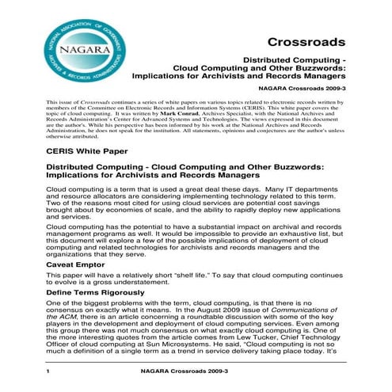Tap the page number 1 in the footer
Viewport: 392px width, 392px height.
[x=49, y=372]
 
